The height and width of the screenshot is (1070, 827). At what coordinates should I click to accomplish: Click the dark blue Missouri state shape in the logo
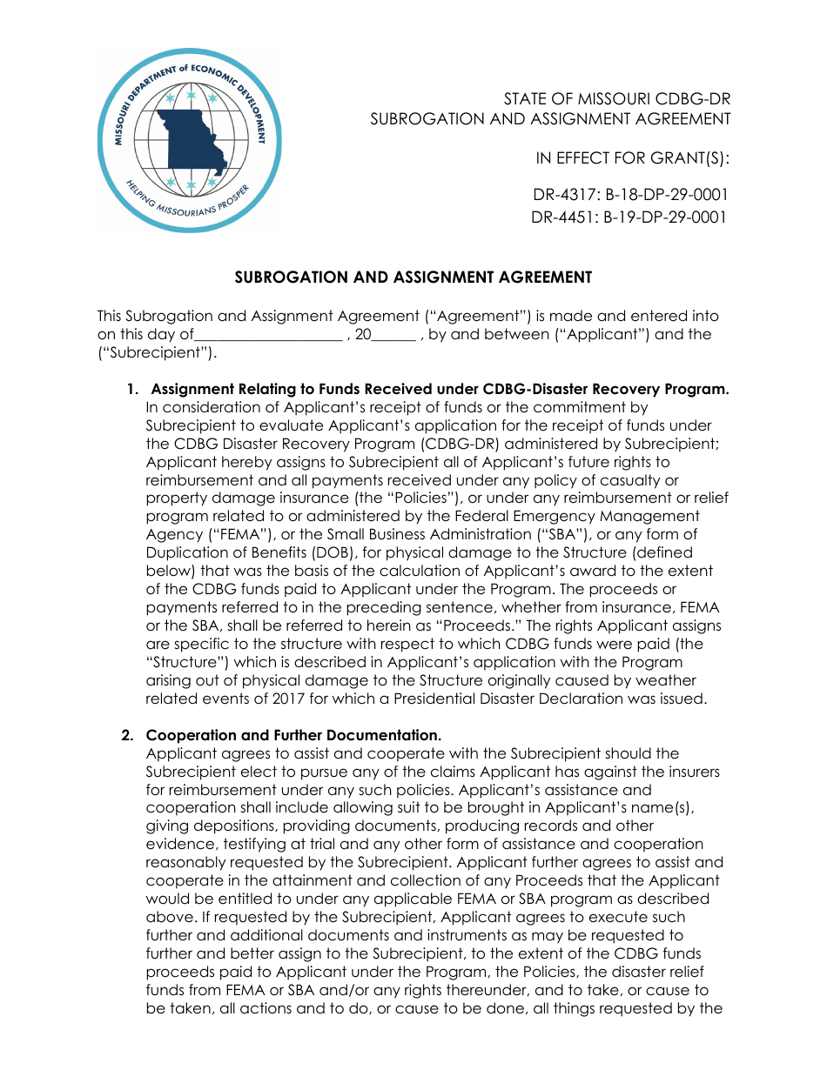coord(193,139)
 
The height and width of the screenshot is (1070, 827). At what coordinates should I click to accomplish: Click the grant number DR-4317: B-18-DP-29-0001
coord(630,195)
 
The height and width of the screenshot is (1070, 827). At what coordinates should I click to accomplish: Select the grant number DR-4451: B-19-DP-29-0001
coord(629,217)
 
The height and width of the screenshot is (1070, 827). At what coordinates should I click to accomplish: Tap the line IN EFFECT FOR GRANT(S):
coord(632,158)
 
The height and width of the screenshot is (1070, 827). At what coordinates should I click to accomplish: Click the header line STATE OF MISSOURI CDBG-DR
coord(616,99)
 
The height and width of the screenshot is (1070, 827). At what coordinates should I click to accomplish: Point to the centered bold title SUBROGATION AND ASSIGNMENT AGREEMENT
coord(413,278)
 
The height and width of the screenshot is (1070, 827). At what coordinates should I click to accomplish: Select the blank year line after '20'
coord(396,336)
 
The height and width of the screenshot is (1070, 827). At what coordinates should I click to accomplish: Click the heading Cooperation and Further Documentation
coord(293,735)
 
